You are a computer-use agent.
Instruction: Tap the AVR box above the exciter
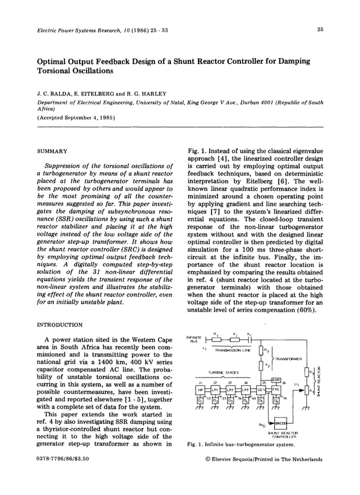tap(276, 380)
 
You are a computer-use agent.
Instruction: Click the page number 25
tap(319, 29)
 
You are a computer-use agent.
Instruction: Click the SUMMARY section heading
tap(52, 151)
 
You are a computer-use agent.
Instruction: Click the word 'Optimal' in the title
tap(53, 60)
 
